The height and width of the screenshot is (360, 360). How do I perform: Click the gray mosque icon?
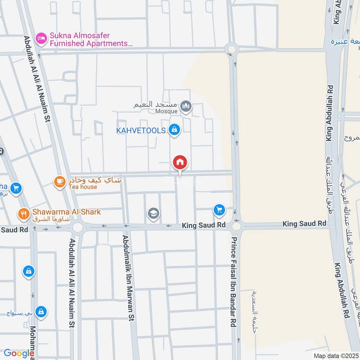point(186,107)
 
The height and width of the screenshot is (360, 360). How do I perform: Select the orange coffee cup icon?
point(59,181)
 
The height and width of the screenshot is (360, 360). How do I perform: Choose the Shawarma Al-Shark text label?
point(66,211)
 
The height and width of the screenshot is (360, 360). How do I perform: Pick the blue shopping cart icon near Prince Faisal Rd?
point(219,210)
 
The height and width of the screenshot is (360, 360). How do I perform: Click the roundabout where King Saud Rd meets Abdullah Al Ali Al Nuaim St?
point(77,228)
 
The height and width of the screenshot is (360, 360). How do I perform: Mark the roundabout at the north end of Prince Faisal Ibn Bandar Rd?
point(232,49)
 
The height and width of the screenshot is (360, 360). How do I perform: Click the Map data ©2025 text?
point(335,355)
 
